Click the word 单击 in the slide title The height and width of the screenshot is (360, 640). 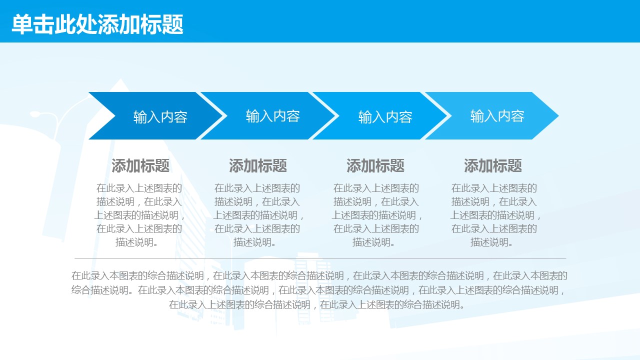33,24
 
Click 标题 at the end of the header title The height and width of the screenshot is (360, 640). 161,24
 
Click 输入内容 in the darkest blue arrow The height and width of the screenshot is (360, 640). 160,117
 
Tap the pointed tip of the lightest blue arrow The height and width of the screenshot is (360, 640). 558,115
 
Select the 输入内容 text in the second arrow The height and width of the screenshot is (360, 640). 273,116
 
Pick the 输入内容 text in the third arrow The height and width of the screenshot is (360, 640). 385,117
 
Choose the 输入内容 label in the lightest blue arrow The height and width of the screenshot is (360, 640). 497,116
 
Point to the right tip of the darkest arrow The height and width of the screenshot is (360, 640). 222,115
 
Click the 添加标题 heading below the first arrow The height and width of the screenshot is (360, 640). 140,165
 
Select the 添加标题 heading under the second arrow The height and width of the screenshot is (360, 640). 257,165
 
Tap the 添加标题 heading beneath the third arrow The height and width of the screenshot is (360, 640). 375,165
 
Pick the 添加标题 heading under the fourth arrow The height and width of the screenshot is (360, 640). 493,165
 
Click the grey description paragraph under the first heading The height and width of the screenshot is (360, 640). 139,215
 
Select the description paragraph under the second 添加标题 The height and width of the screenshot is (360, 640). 257,215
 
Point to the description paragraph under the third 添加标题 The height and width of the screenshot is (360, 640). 376,215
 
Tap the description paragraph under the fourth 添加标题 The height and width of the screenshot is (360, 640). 494,215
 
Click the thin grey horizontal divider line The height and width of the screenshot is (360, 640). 320,258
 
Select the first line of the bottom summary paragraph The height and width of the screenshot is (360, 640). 319,275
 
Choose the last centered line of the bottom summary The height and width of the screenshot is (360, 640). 316,304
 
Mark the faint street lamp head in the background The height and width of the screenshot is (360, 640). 35,114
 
